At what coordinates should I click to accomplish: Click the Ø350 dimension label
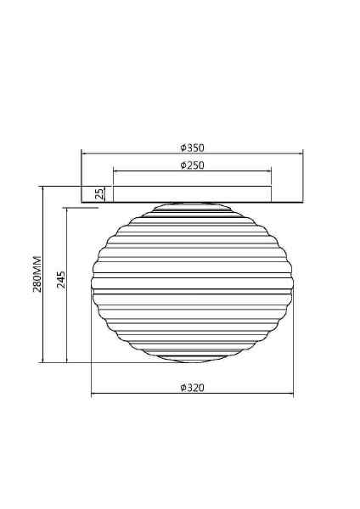[193, 148]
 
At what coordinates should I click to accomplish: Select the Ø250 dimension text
[193, 165]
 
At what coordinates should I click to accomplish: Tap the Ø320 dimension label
[193, 388]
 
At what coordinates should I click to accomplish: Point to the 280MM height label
[37, 274]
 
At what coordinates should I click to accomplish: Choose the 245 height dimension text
[61, 280]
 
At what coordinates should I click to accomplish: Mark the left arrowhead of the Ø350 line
[83, 154]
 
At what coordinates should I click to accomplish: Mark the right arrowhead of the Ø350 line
[301, 154]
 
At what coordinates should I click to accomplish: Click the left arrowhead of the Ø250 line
[115, 171]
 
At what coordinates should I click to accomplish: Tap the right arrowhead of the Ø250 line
[269, 171]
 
